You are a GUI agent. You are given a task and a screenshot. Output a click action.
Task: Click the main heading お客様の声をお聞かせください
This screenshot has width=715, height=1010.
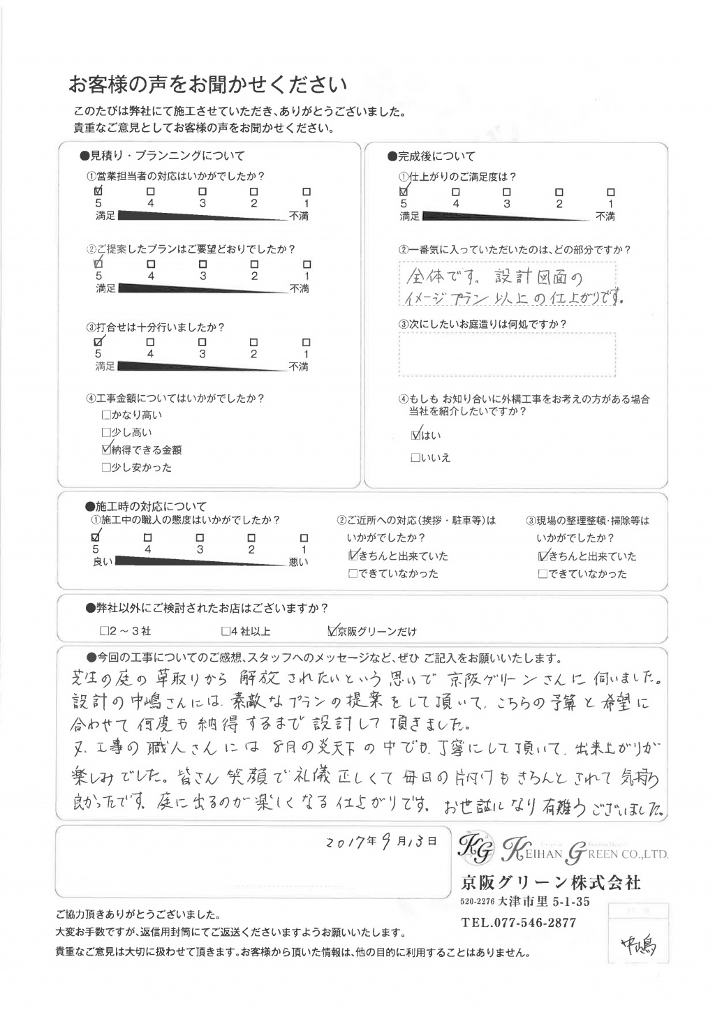(207, 85)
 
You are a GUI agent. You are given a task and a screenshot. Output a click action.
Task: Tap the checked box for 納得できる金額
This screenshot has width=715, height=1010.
(106, 450)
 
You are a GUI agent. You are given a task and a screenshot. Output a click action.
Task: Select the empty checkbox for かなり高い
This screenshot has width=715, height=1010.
(106, 415)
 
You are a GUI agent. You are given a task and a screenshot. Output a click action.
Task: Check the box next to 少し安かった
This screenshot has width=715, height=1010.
(106, 468)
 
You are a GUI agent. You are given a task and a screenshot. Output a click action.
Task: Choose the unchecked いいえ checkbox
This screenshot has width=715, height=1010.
(416, 459)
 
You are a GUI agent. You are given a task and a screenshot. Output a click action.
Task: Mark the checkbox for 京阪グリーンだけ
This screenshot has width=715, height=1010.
(332, 631)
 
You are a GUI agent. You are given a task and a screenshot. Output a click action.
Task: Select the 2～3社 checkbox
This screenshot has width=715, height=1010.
(105, 631)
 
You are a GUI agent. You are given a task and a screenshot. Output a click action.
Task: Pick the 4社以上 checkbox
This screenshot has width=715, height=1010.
(226, 631)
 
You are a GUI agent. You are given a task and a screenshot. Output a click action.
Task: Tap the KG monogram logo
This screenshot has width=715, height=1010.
(477, 847)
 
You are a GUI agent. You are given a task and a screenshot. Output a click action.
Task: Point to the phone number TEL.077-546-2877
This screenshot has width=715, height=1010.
(519, 923)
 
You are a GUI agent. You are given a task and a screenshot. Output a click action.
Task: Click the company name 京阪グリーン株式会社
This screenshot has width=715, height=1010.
(550, 882)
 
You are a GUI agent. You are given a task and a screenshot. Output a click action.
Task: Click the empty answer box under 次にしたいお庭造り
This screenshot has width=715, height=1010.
(508, 354)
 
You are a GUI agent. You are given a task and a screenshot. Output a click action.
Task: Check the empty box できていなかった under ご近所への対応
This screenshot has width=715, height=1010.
(353, 574)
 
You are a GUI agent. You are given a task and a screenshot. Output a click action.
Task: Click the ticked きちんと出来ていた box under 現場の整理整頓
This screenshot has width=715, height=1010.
(543, 556)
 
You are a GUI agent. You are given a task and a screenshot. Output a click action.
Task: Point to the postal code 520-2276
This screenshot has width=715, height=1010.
(478, 903)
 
